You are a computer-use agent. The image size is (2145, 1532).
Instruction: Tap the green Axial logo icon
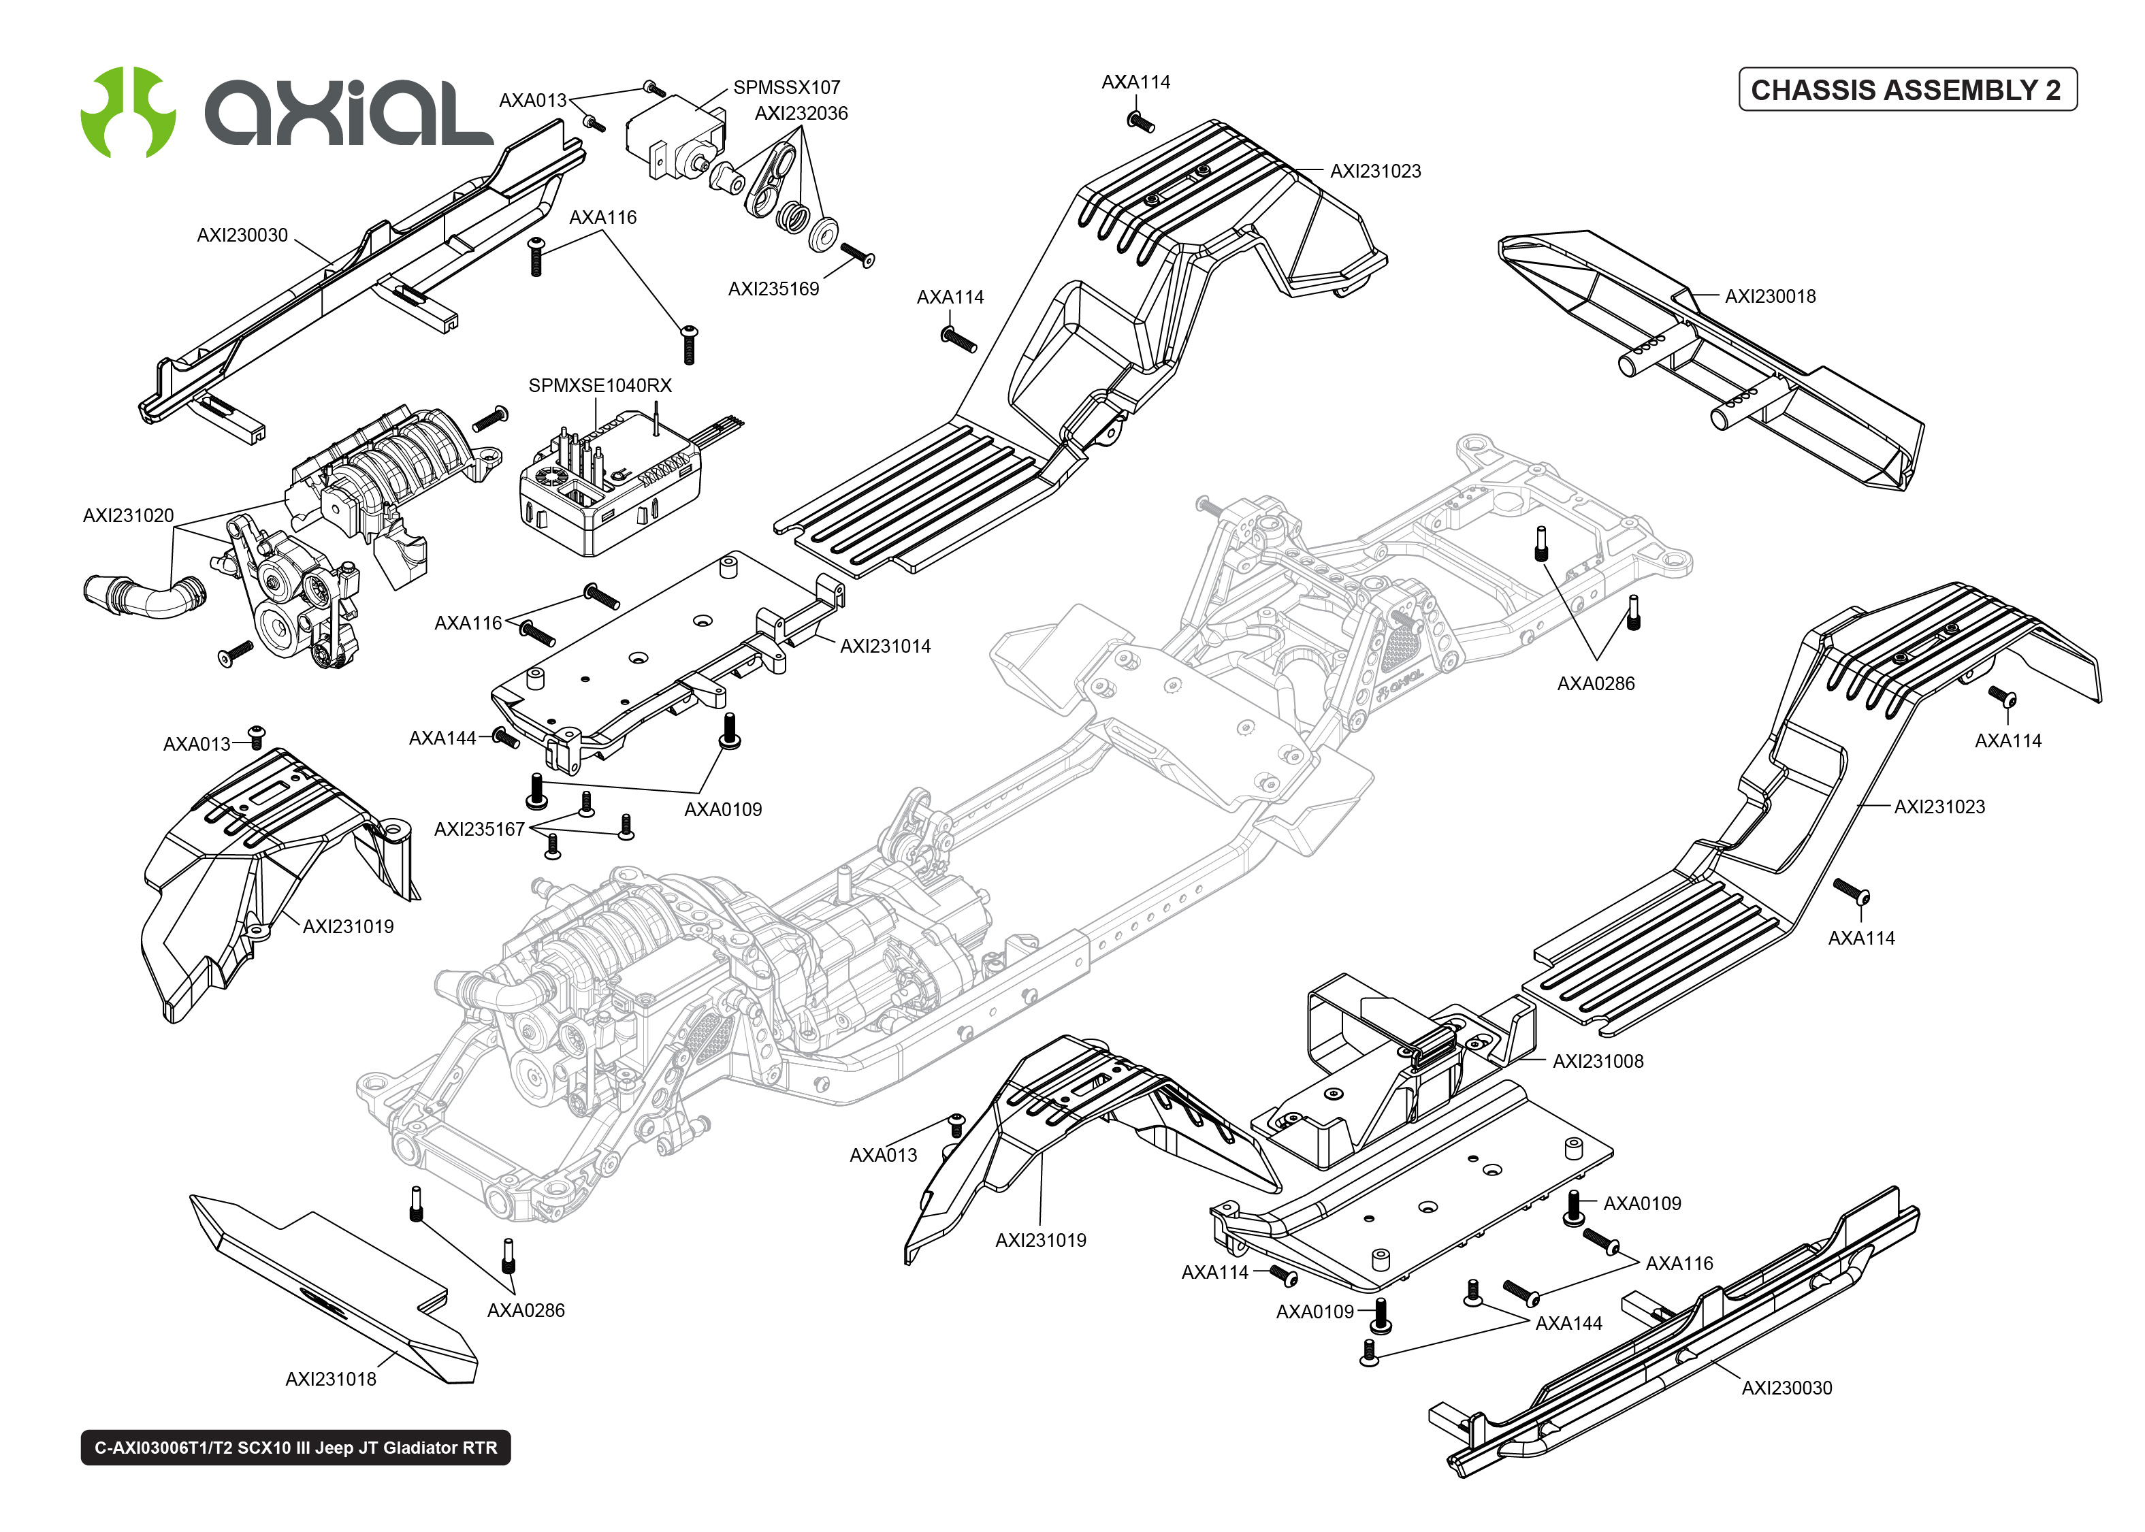point(127,112)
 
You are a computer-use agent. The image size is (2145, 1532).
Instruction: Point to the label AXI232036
point(801,113)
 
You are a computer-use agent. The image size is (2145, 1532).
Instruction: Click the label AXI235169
point(773,289)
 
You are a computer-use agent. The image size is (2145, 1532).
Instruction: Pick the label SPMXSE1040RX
point(600,386)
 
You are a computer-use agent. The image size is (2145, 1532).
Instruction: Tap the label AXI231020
point(128,515)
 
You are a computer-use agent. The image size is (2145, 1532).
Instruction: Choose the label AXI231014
point(885,646)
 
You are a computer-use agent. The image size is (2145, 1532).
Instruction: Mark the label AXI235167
point(479,829)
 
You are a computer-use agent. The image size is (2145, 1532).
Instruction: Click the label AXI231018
point(330,1379)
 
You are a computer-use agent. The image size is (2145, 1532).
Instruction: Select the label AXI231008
point(1598,1061)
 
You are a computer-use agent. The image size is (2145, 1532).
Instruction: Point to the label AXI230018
point(1770,296)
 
